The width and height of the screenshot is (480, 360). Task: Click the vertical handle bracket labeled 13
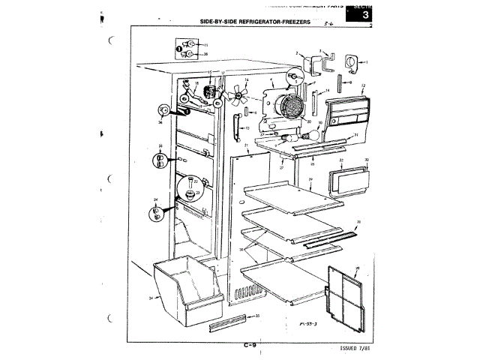[237, 124]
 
